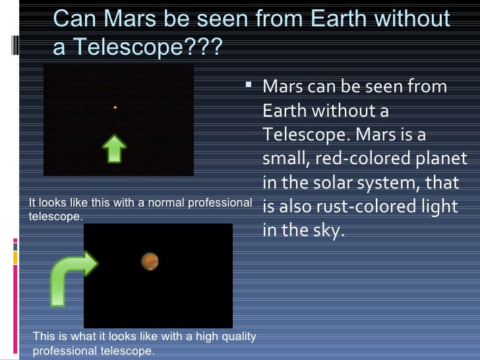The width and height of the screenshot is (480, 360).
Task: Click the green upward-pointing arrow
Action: pyautogui.click(x=115, y=149)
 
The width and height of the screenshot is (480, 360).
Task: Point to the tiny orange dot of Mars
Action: pyautogui.click(x=115, y=107)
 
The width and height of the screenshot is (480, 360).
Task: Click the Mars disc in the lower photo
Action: pyautogui.click(x=150, y=261)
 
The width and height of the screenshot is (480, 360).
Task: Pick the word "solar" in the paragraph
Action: pyautogui.click(x=340, y=183)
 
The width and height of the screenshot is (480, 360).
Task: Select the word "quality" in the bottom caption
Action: pyautogui.click(x=237, y=337)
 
